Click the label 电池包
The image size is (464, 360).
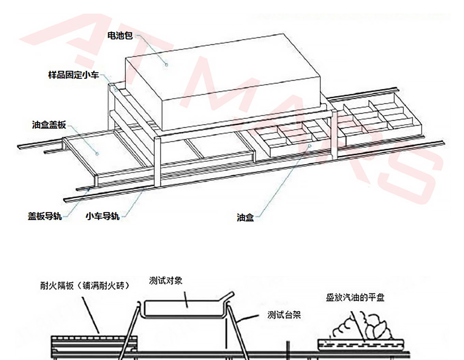(120, 35)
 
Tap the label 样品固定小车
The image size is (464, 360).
(74, 75)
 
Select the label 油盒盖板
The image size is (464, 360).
(49, 125)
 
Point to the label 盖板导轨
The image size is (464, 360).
(45, 216)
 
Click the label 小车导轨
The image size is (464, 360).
(102, 216)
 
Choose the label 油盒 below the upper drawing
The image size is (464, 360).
(245, 217)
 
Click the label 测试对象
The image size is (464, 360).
(166, 281)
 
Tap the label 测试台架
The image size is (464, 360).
(284, 315)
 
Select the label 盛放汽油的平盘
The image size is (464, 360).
(355, 297)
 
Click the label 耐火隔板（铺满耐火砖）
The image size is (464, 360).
(85, 285)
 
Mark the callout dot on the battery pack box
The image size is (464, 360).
(167, 64)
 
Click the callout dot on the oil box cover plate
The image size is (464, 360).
(97, 154)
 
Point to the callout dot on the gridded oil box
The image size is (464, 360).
(310, 146)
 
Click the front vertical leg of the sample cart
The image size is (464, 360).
(157, 162)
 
